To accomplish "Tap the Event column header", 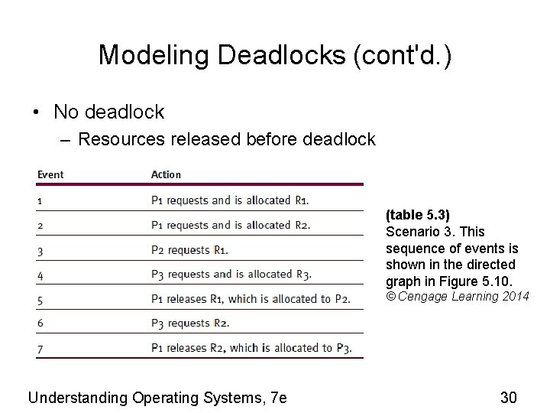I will (x=50, y=174).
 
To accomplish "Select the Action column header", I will (x=166, y=174).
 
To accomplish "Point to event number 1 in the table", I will (x=40, y=200).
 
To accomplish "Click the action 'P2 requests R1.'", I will (x=189, y=249).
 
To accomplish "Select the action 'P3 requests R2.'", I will (x=189, y=323).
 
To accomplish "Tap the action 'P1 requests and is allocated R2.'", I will (x=231, y=225).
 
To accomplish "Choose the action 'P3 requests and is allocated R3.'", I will (x=231, y=274).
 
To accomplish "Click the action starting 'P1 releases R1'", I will (x=251, y=298).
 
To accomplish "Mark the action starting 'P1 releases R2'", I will (x=251, y=348).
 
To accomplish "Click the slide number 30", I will (x=509, y=397).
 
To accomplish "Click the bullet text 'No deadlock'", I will (x=108, y=112).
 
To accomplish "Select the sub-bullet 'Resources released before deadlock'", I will (x=226, y=139).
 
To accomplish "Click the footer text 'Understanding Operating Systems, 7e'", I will (x=157, y=397).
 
